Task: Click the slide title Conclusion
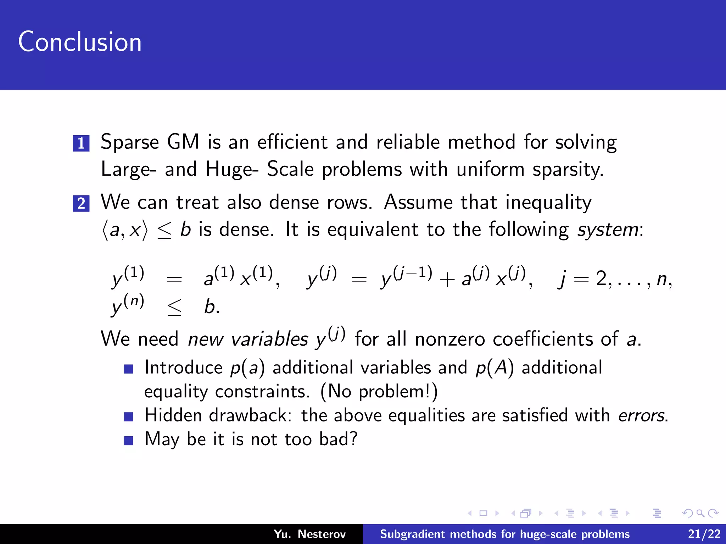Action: point(80,42)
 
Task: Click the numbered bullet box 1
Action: point(81,143)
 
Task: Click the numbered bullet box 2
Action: point(81,203)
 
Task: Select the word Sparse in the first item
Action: point(130,142)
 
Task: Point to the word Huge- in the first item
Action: point(232,169)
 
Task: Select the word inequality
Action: point(548,203)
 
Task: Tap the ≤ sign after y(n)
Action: point(174,307)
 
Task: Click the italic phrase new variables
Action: point(248,339)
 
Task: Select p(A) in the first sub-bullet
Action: point(495,368)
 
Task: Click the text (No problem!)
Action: point(379,392)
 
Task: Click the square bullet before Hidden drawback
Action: point(129,416)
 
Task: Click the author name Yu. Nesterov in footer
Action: point(309,534)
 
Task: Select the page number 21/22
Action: point(704,534)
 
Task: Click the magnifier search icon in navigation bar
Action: point(700,513)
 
